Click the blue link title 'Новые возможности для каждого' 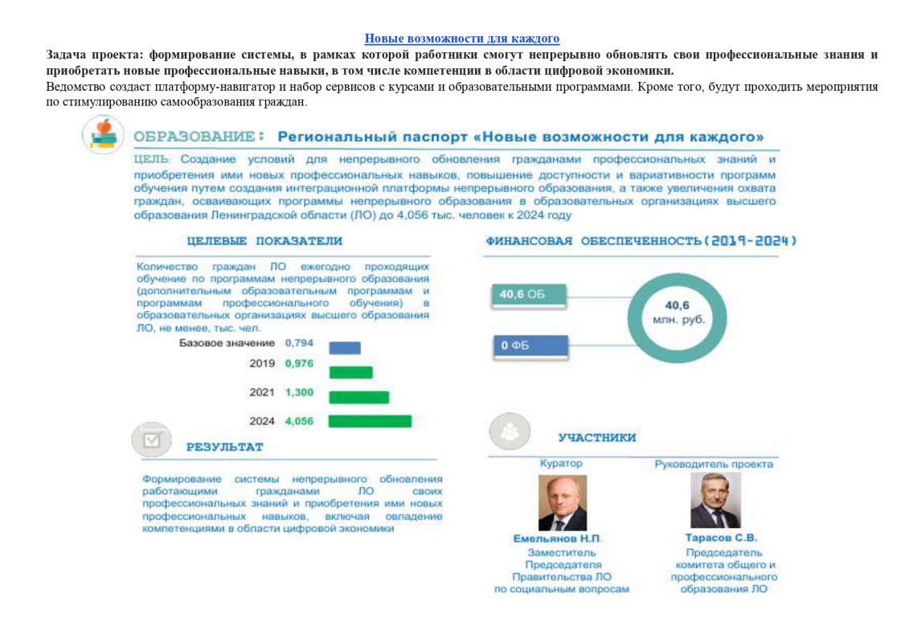pyautogui.click(x=461, y=39)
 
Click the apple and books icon pyautogui.click(x=103, y=134)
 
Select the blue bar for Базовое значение pyautogui.click(x=345, y=348)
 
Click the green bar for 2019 pyautogui.click(x=350, y=372)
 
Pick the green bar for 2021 pyautogui.click(x=358, y=397)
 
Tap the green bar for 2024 pyautogui.click(x=370, y=421)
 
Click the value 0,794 pyautogui.click(x=299, y=343)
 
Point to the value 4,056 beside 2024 pyautogui.click(x=299, y=421)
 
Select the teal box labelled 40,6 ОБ pyautogui.click(x=528, y=295)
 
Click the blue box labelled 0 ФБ pyautogui.click(x=528, y=346)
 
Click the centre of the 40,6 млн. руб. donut pyautogui.click(x=677, y=312)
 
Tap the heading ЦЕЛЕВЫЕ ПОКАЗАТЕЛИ pyautogui.click(x=264, y=241)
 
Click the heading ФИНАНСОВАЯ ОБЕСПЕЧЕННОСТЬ pyautogui.click(x=641, y=241)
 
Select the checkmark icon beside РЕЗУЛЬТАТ pyautogui.click(x=151, y=440)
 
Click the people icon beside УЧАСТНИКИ pyautogui.click(x=510, y=432)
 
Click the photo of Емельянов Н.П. pyautogui.click(x=562, y=502)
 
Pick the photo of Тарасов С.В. pyautogui.click(x=715, y=500)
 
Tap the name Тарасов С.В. pyautogui.click(x=721, y=538)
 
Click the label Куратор pyautogui.click(x=561, y=464)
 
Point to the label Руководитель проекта pyautogui.click(x=714, y=464)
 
